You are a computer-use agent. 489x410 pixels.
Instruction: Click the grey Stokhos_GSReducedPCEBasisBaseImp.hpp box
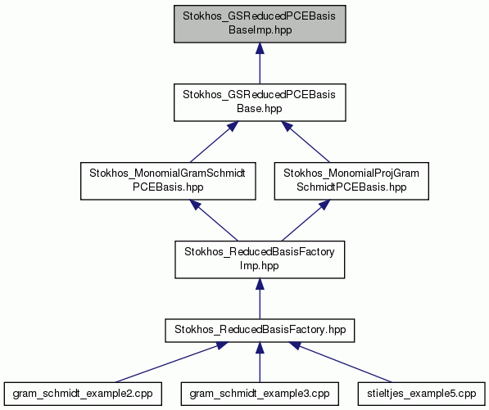(x=260, y=24)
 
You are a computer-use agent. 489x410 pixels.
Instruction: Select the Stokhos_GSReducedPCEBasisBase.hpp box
(x=260, y=102)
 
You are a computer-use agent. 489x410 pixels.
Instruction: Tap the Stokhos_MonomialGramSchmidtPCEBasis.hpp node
(x=168, y=181)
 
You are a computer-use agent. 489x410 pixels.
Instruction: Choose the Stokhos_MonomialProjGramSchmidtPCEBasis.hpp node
(x=351, y=181)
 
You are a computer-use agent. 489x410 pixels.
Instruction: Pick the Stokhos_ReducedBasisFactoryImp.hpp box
(x=260, y=259)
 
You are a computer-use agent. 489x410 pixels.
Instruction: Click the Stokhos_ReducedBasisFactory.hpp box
(x=260, y=331)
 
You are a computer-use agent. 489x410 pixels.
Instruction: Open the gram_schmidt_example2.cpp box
(x=83, y=394)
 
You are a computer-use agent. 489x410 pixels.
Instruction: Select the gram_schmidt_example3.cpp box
(x=260, y=394)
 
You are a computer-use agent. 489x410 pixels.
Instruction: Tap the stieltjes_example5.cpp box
(x=422, y=394)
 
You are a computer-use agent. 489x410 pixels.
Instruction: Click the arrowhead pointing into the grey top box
(x=260, y=48)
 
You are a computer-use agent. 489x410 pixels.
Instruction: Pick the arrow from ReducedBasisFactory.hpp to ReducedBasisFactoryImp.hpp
(x=260, y=299)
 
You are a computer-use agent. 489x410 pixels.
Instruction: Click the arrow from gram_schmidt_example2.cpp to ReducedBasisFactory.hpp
(x=171, y=362)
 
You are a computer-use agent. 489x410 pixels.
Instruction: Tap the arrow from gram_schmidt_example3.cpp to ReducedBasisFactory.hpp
(x=260, y=362)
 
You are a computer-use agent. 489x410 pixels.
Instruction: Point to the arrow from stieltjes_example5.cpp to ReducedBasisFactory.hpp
(x=340, y=362)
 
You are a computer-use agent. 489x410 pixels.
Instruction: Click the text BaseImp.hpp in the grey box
(x=260, y=30)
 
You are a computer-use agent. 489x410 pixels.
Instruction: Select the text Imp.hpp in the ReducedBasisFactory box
(x=259, y=266)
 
